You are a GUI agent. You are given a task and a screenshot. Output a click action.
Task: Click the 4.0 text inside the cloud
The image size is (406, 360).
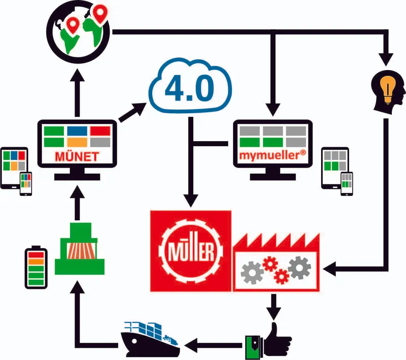(189, 88)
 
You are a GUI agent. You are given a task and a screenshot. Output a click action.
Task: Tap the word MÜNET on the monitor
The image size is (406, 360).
(77, 157)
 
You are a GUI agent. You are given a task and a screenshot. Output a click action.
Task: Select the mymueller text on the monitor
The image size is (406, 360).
(273, 155)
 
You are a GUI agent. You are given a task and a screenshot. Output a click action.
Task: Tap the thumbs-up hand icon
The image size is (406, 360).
(268, 340)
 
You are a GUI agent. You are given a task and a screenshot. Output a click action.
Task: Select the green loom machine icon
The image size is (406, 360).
(80, 248)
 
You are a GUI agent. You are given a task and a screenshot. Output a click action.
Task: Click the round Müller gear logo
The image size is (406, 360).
(191, 251)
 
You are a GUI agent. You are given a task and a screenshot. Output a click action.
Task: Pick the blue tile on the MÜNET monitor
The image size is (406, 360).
(77, 131)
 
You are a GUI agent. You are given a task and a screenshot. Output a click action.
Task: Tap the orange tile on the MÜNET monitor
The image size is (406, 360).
(77, 142)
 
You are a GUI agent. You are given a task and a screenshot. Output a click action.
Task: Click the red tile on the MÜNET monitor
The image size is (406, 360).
(100, 131)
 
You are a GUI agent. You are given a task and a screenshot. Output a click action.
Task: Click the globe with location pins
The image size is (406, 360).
(78, 31)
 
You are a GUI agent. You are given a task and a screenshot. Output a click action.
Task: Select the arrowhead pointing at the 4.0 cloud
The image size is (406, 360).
(140, 108)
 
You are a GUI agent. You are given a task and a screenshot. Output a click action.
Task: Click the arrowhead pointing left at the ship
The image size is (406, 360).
(191, 345)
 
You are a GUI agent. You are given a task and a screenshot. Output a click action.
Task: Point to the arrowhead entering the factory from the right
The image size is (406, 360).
(329, 269)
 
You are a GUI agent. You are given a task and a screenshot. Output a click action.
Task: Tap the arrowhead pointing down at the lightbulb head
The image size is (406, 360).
(386, 59)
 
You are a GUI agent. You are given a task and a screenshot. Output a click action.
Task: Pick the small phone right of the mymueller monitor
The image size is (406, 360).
(347, 184)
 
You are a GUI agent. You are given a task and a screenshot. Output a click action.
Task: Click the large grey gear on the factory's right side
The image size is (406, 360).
(299, 268)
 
